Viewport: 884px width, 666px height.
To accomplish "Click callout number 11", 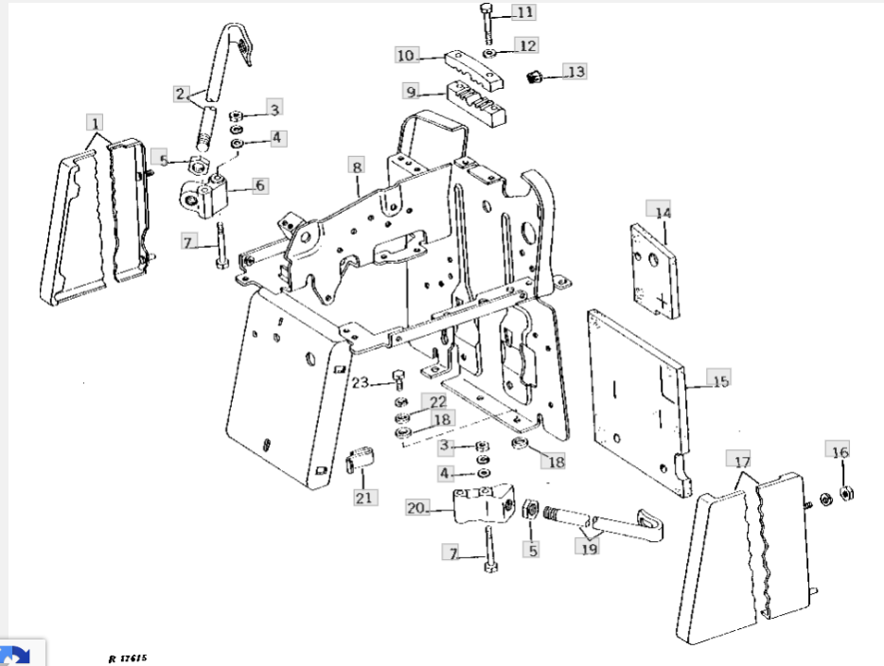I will pyautogui.click(x=523, y=12).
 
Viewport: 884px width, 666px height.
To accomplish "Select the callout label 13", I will pyautogui.click(x=575, y=71).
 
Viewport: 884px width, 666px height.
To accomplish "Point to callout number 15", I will pyautogui.click(x=720, y=382).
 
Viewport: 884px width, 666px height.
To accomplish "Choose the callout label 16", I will pyautogui.click(x=840, y=452).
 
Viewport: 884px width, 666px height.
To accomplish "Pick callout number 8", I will pyautogui.click(x=357, y=167).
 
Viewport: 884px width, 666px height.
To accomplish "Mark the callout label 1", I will pyautogui.click(x=95, y=122).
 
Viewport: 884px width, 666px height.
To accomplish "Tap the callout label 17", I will pyautogui.click(x=743, y=462).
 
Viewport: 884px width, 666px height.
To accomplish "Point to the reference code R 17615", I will pyautogui.click(x=128, y=657).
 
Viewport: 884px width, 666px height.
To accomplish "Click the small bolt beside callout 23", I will pyautogui.click(x=397, y=380).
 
